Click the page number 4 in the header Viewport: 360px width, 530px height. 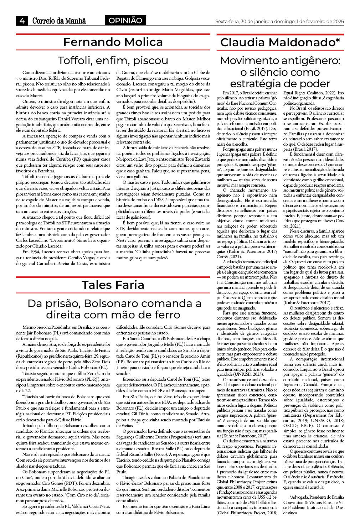pos(21,21)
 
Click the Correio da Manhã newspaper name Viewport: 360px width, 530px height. pos(59,21)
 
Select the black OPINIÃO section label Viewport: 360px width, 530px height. pos(125,21)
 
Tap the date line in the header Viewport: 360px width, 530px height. pos(279,21)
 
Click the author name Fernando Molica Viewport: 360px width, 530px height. pos(113,42)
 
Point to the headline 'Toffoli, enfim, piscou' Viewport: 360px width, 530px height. pos(113,60)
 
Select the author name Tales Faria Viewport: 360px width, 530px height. pos(113,285)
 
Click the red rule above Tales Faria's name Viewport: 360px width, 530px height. pos(113,277)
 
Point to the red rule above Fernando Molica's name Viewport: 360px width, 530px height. pos(113,34)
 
